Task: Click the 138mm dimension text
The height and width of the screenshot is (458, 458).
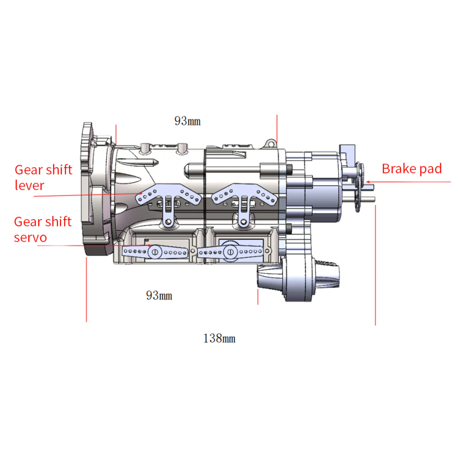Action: (x=219, y=339)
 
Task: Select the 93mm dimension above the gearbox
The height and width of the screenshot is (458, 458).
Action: (x=187, y=121)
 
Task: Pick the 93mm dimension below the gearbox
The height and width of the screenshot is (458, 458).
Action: (x=159, y=295)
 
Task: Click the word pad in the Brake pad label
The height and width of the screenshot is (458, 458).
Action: (x=430, y=169)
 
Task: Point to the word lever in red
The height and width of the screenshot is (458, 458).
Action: (x=29, y=185)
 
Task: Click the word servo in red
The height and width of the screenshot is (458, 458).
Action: (x=30, y=237)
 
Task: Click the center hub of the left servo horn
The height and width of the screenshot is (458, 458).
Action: (x=155, y=252)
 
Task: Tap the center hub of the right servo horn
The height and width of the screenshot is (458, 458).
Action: (x=230, y=252)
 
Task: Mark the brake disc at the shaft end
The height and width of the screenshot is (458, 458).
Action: (x=359, y=187)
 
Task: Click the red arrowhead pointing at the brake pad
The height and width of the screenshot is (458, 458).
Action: (x=368, y=182)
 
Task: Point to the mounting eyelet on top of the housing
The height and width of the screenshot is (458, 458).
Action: (x=271, y=144)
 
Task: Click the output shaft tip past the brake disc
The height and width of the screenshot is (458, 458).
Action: (x=372, y=198)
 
